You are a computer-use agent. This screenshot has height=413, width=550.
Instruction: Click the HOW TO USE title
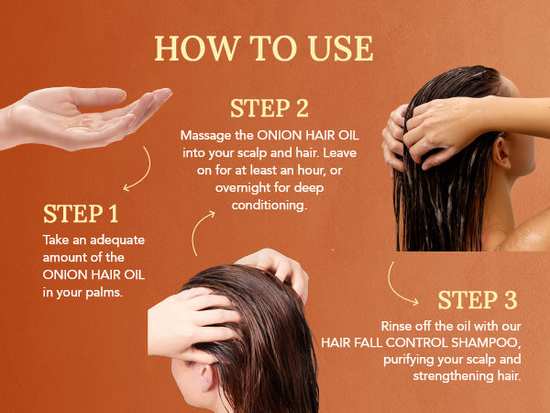click(264, 48)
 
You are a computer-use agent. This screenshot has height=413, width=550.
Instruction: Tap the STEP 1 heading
click(81, 214)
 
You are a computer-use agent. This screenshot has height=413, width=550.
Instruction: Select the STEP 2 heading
click(269, 108)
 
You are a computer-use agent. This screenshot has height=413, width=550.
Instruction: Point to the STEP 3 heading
click(478, 300)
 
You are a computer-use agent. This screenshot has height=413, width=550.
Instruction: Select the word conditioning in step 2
click(269, 205)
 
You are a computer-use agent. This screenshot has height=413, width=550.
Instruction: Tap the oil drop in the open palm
click(79, 127)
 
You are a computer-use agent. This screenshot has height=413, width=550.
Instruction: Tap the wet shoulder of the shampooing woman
click(526, 233)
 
